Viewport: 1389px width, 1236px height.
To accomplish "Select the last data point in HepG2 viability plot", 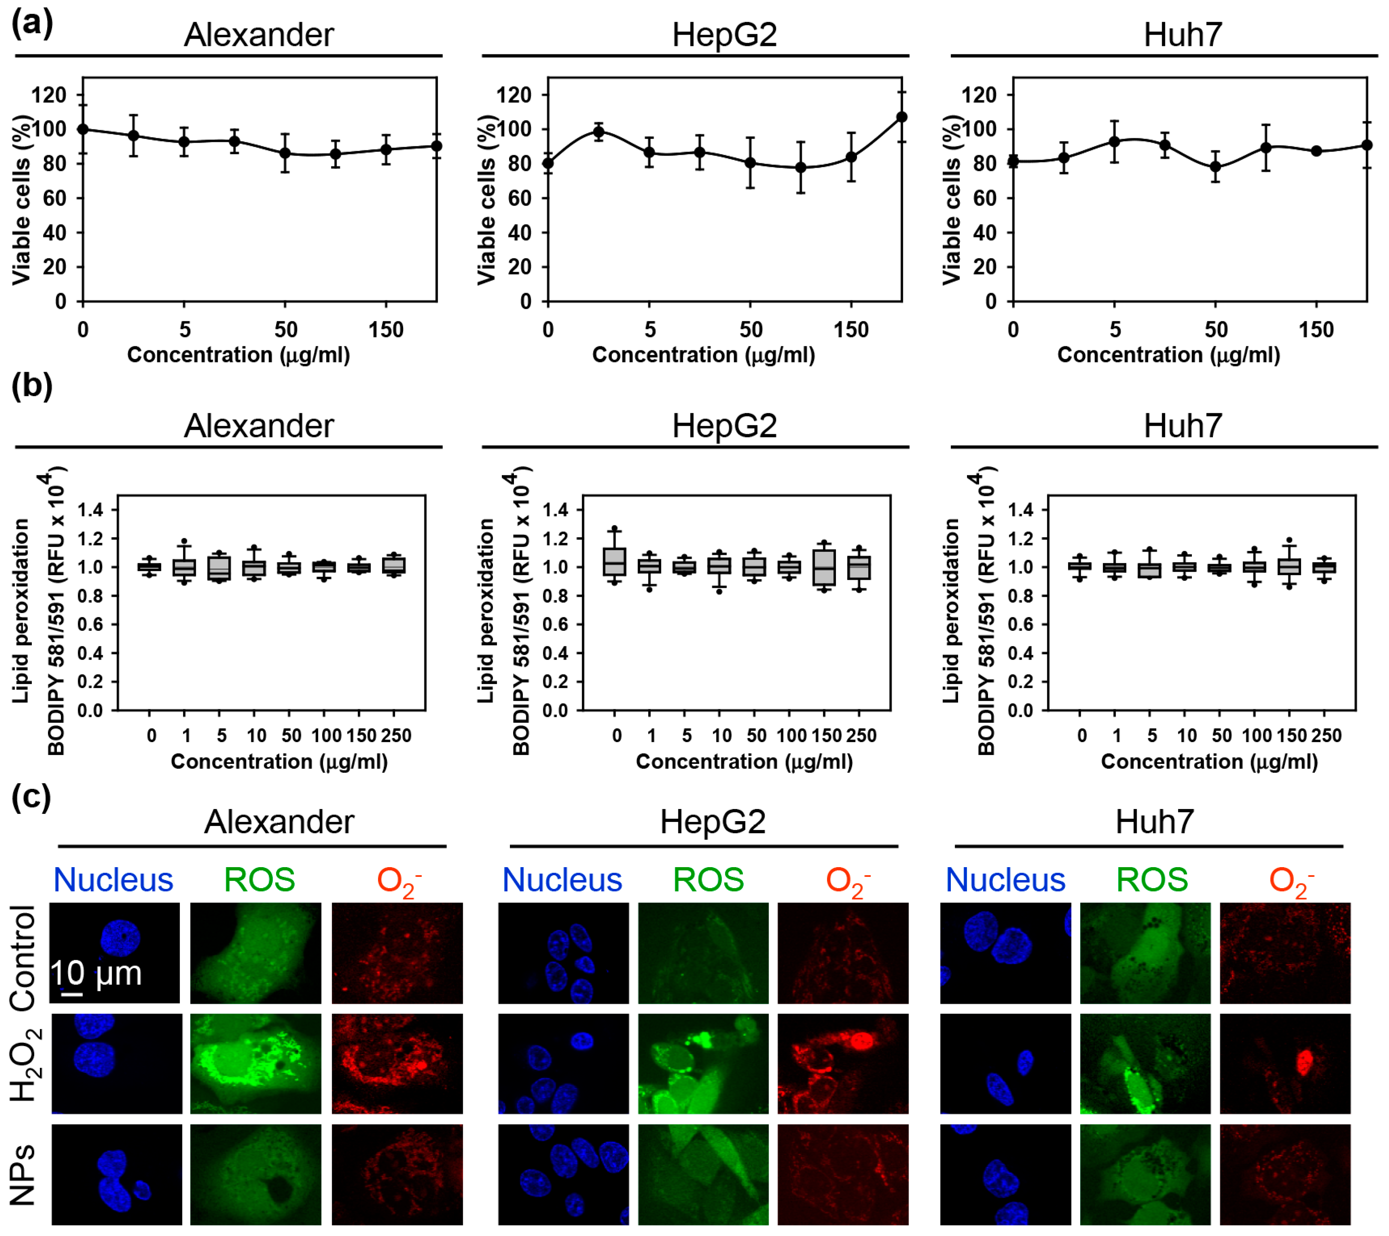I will (x=902, y=117).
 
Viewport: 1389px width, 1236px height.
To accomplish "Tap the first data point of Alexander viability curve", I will (x=83, y=129).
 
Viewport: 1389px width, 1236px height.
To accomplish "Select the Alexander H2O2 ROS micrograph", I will (x=256, y=1063).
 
